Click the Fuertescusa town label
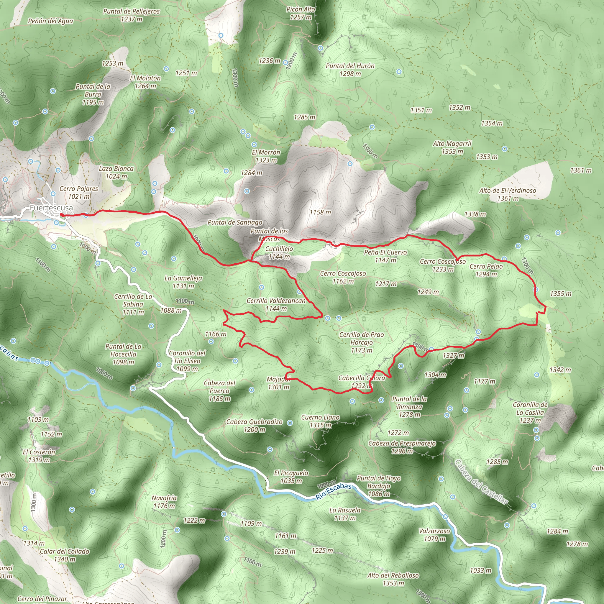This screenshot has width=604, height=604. [x=51, y=208]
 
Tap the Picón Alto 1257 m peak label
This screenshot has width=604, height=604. [x=301, y=13]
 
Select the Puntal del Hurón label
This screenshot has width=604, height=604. [x=350, y=69]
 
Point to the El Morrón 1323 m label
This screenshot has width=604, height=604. [x=266, y=156]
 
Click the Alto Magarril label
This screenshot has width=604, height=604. [x=452, y=147]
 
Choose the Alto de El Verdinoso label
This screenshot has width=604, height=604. [x=508, y=194]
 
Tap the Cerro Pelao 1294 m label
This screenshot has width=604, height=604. [x=486, y=270]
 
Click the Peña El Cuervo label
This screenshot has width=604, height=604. [x=385, y=256]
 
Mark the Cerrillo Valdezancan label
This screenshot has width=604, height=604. [x=276, y=304]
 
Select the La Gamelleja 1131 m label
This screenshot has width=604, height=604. [x=183, y=282]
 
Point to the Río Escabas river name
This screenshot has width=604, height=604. [x=334, y=491]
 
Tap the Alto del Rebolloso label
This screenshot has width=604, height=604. [x=393, y=579]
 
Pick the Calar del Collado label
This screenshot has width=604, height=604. [x=64, y=555]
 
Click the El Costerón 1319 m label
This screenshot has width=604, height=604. [x=39, y=455]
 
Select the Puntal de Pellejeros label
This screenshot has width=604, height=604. [x=131, y=15]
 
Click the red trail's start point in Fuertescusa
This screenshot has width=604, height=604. [x=62, y=215]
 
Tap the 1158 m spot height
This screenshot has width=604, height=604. [x=320, y=212]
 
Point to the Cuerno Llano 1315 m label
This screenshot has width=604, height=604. [x=321, y=421]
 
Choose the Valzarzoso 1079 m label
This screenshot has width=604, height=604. [x=434, y=535]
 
